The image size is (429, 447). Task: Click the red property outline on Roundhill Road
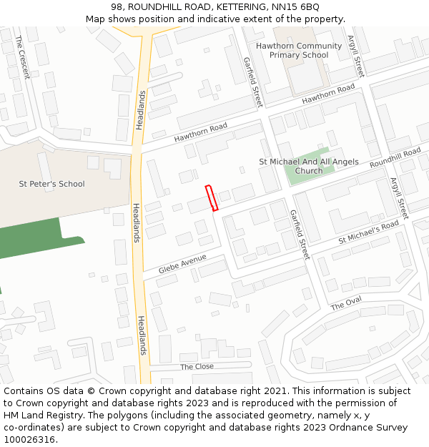pos(212,198)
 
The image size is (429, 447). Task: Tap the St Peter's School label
pos(51,184)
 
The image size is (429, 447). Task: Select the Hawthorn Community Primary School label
pos(299,50)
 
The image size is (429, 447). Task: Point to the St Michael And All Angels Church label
pos(309,167)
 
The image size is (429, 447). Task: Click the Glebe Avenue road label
pos(182,262)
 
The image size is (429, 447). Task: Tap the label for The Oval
pos(346,303)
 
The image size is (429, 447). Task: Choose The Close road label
pos(197,366)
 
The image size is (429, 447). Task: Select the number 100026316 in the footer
pos(28,439)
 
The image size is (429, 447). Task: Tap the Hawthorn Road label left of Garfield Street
pos(200,132)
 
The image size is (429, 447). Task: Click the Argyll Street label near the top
pos(355,56)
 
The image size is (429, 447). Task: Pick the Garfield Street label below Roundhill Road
pos(299,234)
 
